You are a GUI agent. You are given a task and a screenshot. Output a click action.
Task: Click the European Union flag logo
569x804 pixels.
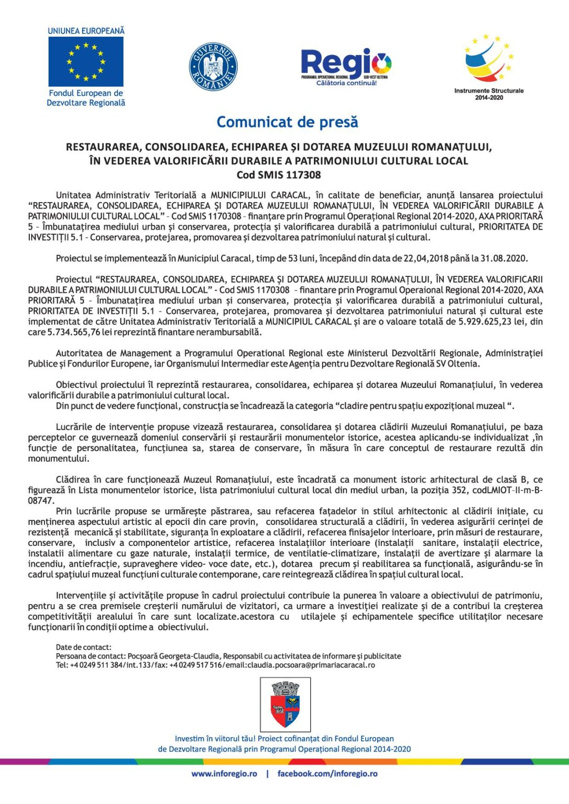pos(86,62)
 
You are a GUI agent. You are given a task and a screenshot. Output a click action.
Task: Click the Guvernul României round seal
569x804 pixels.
pos(213,67)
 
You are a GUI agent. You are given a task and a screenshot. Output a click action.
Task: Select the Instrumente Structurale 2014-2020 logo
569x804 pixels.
pos(489,65)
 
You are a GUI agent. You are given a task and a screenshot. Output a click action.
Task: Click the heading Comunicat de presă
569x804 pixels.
pos(287,122)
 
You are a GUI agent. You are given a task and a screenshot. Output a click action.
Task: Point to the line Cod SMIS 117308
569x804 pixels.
pos(279,175)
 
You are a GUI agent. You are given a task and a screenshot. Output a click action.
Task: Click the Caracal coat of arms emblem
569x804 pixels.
pos(285,704)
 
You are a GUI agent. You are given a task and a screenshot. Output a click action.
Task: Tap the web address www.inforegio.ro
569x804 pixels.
pos(224,774)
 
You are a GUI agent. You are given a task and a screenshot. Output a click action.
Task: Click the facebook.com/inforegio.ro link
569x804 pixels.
pos(327,774)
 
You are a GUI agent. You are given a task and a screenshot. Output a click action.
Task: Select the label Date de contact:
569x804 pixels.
pos(84,647)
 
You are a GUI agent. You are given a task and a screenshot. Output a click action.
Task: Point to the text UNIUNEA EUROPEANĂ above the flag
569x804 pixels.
pos(86,31)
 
